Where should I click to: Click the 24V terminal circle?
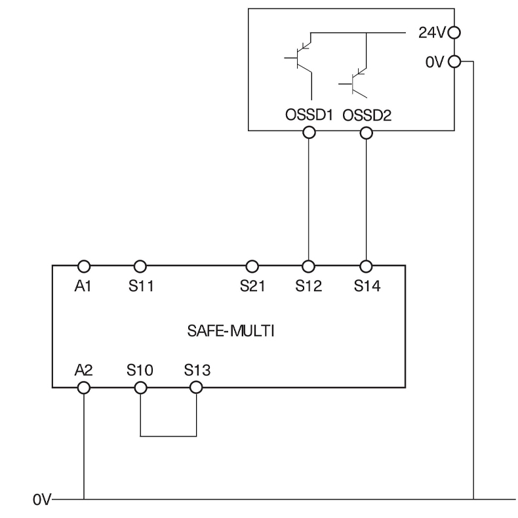click(454, 31)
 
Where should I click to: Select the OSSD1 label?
click(309, 115)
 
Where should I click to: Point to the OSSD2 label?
click(366, 115)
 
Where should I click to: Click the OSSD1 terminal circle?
click(309, 132)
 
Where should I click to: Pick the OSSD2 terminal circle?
click(366, 132)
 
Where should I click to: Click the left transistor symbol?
click(300, 58)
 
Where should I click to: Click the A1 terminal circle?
click(84, 266)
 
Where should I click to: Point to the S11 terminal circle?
click(140, 266)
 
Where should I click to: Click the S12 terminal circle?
click(309, 266)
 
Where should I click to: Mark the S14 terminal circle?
click(366, 266)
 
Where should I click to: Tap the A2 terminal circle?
click(84, 388)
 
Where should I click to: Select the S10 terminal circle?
click(140, 388)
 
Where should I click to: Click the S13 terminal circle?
click(196, 388)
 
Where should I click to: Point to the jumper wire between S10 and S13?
click(168, 435)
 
